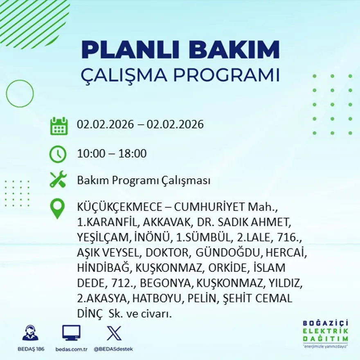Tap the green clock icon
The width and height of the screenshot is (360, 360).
tap(58, 154)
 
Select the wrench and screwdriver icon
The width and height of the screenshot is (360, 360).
tap(58, 180)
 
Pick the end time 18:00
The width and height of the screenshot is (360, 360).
tap(133, 154)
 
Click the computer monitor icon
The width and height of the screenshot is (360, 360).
tap(71, 333)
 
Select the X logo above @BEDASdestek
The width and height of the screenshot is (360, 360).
tap(114, 333)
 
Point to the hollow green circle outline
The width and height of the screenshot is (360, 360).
tap(20, 94)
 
